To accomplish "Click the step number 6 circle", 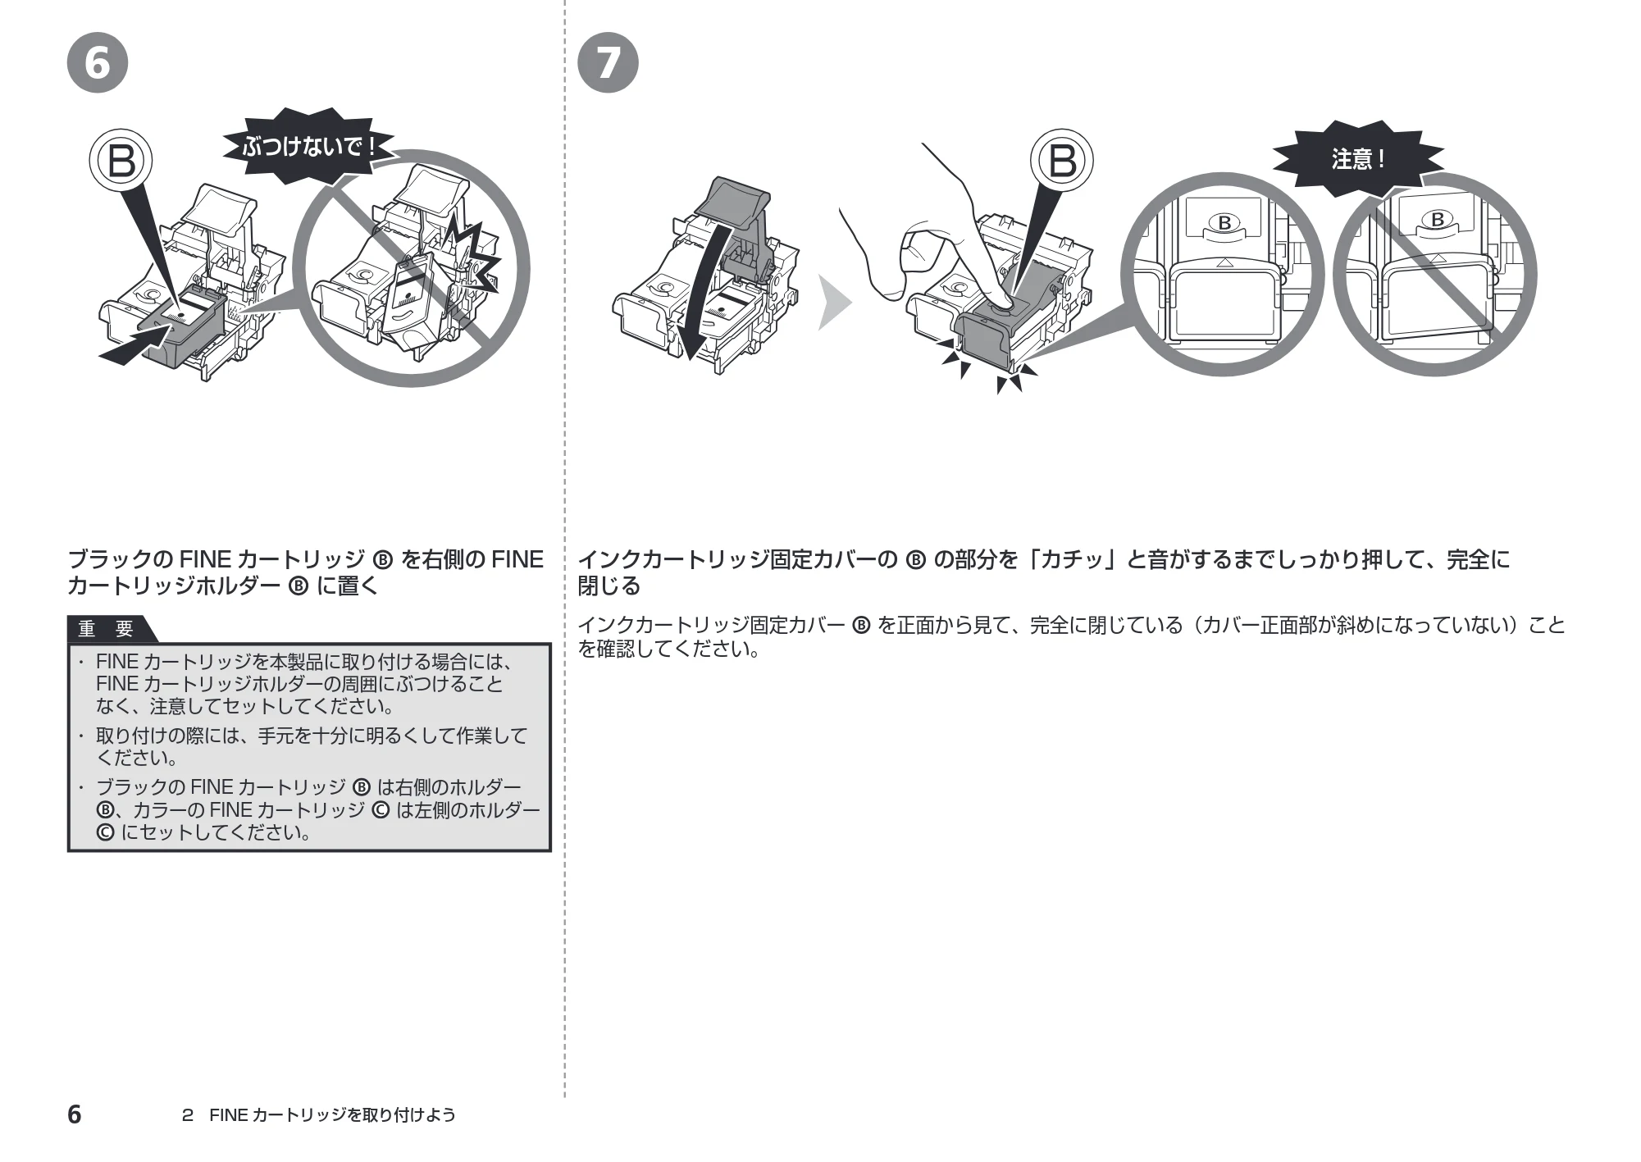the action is click(x=98, y=62).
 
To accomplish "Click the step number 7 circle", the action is click(x=608, y=62).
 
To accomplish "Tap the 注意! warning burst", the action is click(x=1358, y=158).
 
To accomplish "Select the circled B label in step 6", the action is click(x=121, y=160).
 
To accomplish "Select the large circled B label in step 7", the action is click(x=1062, y=160).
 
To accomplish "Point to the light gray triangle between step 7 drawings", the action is click(x=835, y=302).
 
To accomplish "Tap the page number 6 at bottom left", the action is click(x=74, y=1114).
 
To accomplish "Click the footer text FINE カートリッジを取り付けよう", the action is click(x=332, y=1114).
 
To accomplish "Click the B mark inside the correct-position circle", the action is click(x=1224, y=222).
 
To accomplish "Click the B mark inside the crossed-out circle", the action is click(x=1437, y=220).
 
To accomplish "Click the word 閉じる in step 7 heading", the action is click(x=609, y=586).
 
